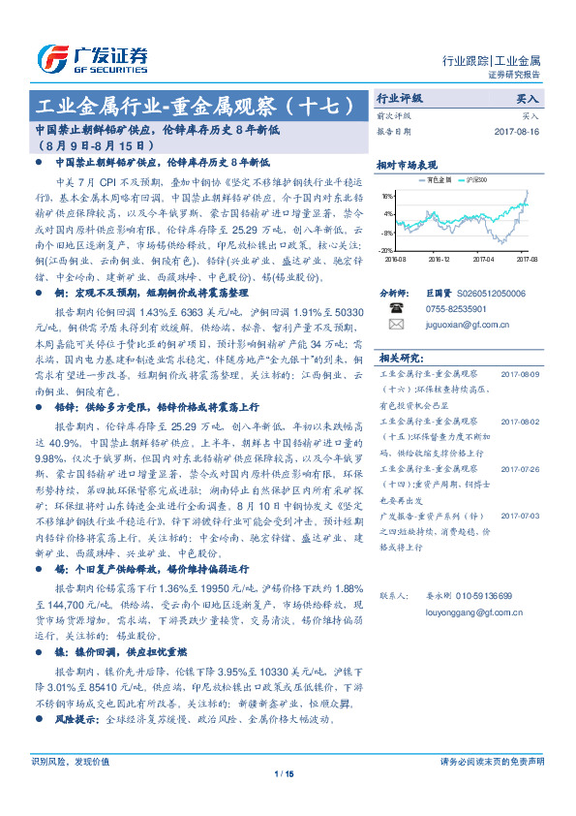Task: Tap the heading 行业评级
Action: pos(399,99)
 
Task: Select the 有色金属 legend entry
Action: pos(439,180)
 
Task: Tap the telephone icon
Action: pos(394,309)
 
